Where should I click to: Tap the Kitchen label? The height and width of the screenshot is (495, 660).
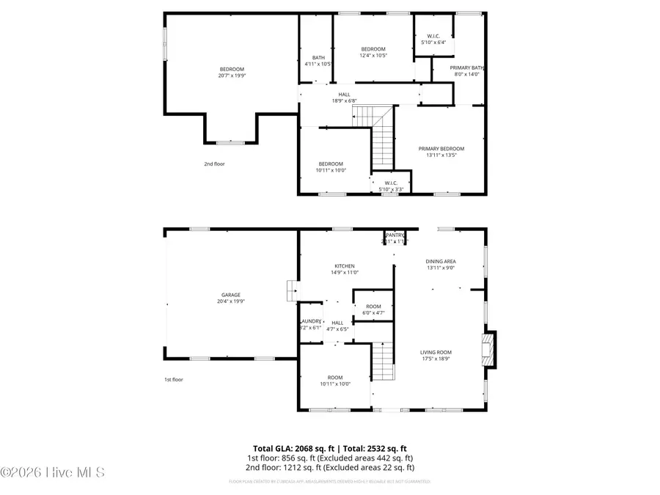coord(345,266)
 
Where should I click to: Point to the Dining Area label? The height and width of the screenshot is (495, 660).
coord(441,261)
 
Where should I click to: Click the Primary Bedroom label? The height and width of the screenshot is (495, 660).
coord(441,149)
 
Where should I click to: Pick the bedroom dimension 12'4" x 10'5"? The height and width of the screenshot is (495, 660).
coord(373,56)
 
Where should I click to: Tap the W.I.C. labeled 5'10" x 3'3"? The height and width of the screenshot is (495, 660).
coord(390,186)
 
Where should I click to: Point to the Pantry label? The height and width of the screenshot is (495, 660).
coord(395,235)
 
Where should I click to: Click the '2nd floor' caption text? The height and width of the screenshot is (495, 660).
coord(214,164)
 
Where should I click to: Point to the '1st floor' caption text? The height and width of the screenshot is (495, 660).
coord(173,380)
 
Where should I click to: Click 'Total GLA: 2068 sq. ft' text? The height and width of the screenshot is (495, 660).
coord(290,448)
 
